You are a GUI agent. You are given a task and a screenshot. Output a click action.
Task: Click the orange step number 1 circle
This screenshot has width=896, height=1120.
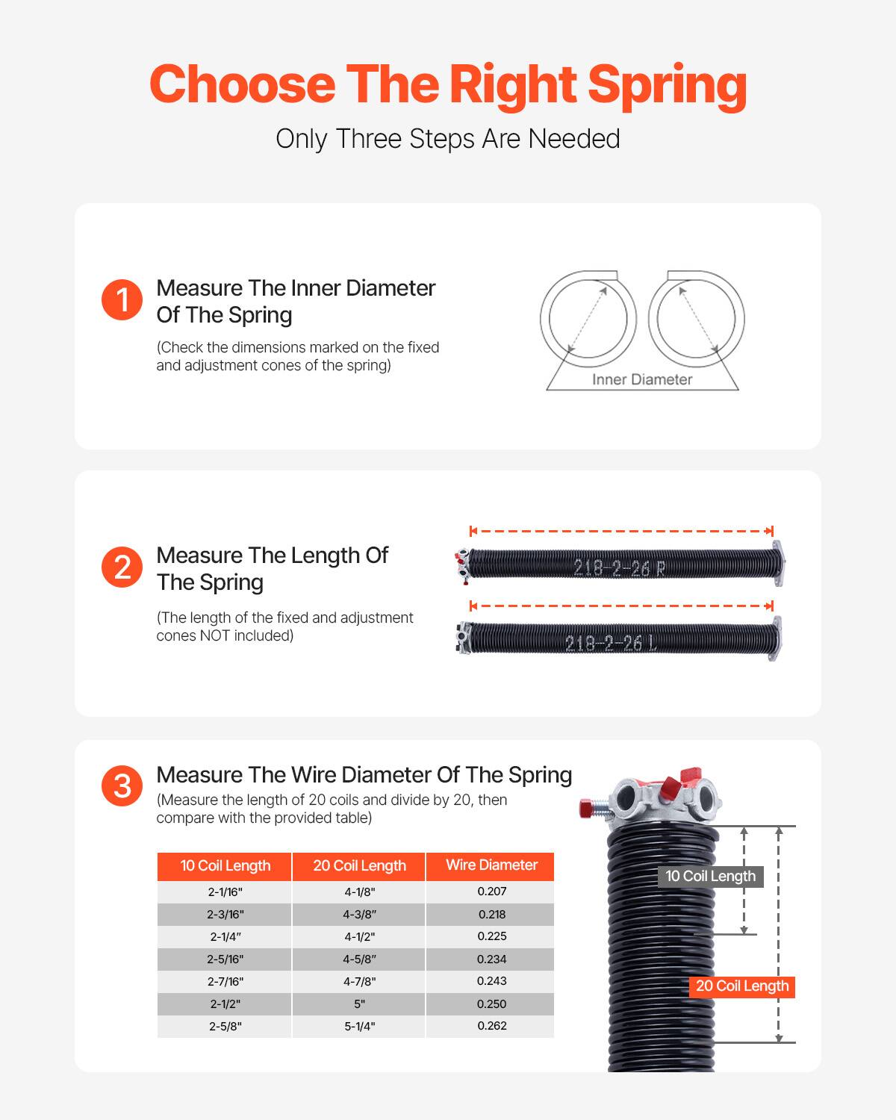[x=122, y=300]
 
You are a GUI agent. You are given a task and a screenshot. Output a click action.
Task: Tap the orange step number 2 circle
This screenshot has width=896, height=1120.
[x=122, y=567]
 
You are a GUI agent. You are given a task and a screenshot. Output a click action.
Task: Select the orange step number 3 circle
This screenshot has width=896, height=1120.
[x=122, y=786]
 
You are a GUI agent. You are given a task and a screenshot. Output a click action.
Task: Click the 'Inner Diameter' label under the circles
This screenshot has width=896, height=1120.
[x=642, y=379]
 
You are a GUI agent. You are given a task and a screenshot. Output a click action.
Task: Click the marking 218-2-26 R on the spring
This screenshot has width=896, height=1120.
[x=619, y=568]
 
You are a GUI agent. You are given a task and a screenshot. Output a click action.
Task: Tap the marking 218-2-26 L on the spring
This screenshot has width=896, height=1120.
[x=611, y=643]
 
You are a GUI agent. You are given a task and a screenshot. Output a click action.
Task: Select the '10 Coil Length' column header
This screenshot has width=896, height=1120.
[x=225, y=866]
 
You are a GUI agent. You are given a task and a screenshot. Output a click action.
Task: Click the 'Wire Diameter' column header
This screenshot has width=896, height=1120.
[x=491, y=865]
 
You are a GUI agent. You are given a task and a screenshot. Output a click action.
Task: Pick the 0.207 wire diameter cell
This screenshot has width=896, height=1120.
[x=491, y=892]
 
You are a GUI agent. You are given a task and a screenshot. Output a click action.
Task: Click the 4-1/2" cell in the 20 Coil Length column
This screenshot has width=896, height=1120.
[x=359, y=936]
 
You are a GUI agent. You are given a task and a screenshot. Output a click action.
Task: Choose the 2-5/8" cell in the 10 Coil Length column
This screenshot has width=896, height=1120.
[x=225, y=1026]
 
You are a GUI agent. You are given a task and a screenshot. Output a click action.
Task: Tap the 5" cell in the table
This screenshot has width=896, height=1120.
[x=359, y=1004]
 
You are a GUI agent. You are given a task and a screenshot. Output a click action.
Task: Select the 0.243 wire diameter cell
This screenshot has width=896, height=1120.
[x=491, y=981]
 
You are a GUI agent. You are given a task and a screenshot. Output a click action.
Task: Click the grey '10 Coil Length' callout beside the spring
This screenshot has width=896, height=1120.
[x=710, y=877]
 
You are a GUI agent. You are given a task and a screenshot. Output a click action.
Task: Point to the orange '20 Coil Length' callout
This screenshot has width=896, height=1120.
[x=741, y=986]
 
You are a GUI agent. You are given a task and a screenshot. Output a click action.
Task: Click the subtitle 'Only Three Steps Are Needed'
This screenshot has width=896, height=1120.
[x=448, y=139]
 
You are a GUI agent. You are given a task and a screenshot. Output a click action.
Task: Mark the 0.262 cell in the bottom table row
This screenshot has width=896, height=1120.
[x=491, y=1026]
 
